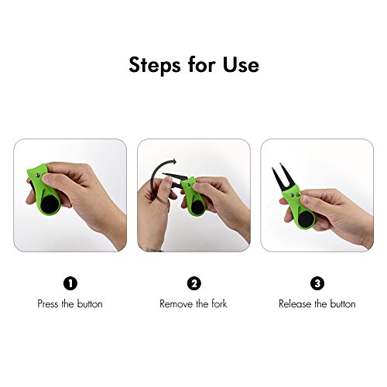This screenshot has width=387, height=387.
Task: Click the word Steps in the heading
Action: [155, 66]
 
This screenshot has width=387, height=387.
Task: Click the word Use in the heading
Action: [241, 64]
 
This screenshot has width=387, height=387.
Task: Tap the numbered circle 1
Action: [70, 283]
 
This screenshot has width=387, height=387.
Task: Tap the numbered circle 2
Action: [193, 283]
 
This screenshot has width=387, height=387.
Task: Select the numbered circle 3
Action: [317, 283]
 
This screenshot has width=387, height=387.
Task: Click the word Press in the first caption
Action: [48, 303]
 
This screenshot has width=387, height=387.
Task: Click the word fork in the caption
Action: [219, 303]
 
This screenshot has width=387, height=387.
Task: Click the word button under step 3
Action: [343, 303]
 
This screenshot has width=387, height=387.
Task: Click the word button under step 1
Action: [90, 303]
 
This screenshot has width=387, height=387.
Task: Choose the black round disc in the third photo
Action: [306, 220]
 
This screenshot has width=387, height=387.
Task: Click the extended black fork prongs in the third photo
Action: [282, 177]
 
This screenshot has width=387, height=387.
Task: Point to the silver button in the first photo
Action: [38, 176]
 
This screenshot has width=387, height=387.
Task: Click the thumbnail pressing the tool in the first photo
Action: [46, 177]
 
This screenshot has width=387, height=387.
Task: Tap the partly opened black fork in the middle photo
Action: [175, 180]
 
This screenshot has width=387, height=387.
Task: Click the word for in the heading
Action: [201, 64]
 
